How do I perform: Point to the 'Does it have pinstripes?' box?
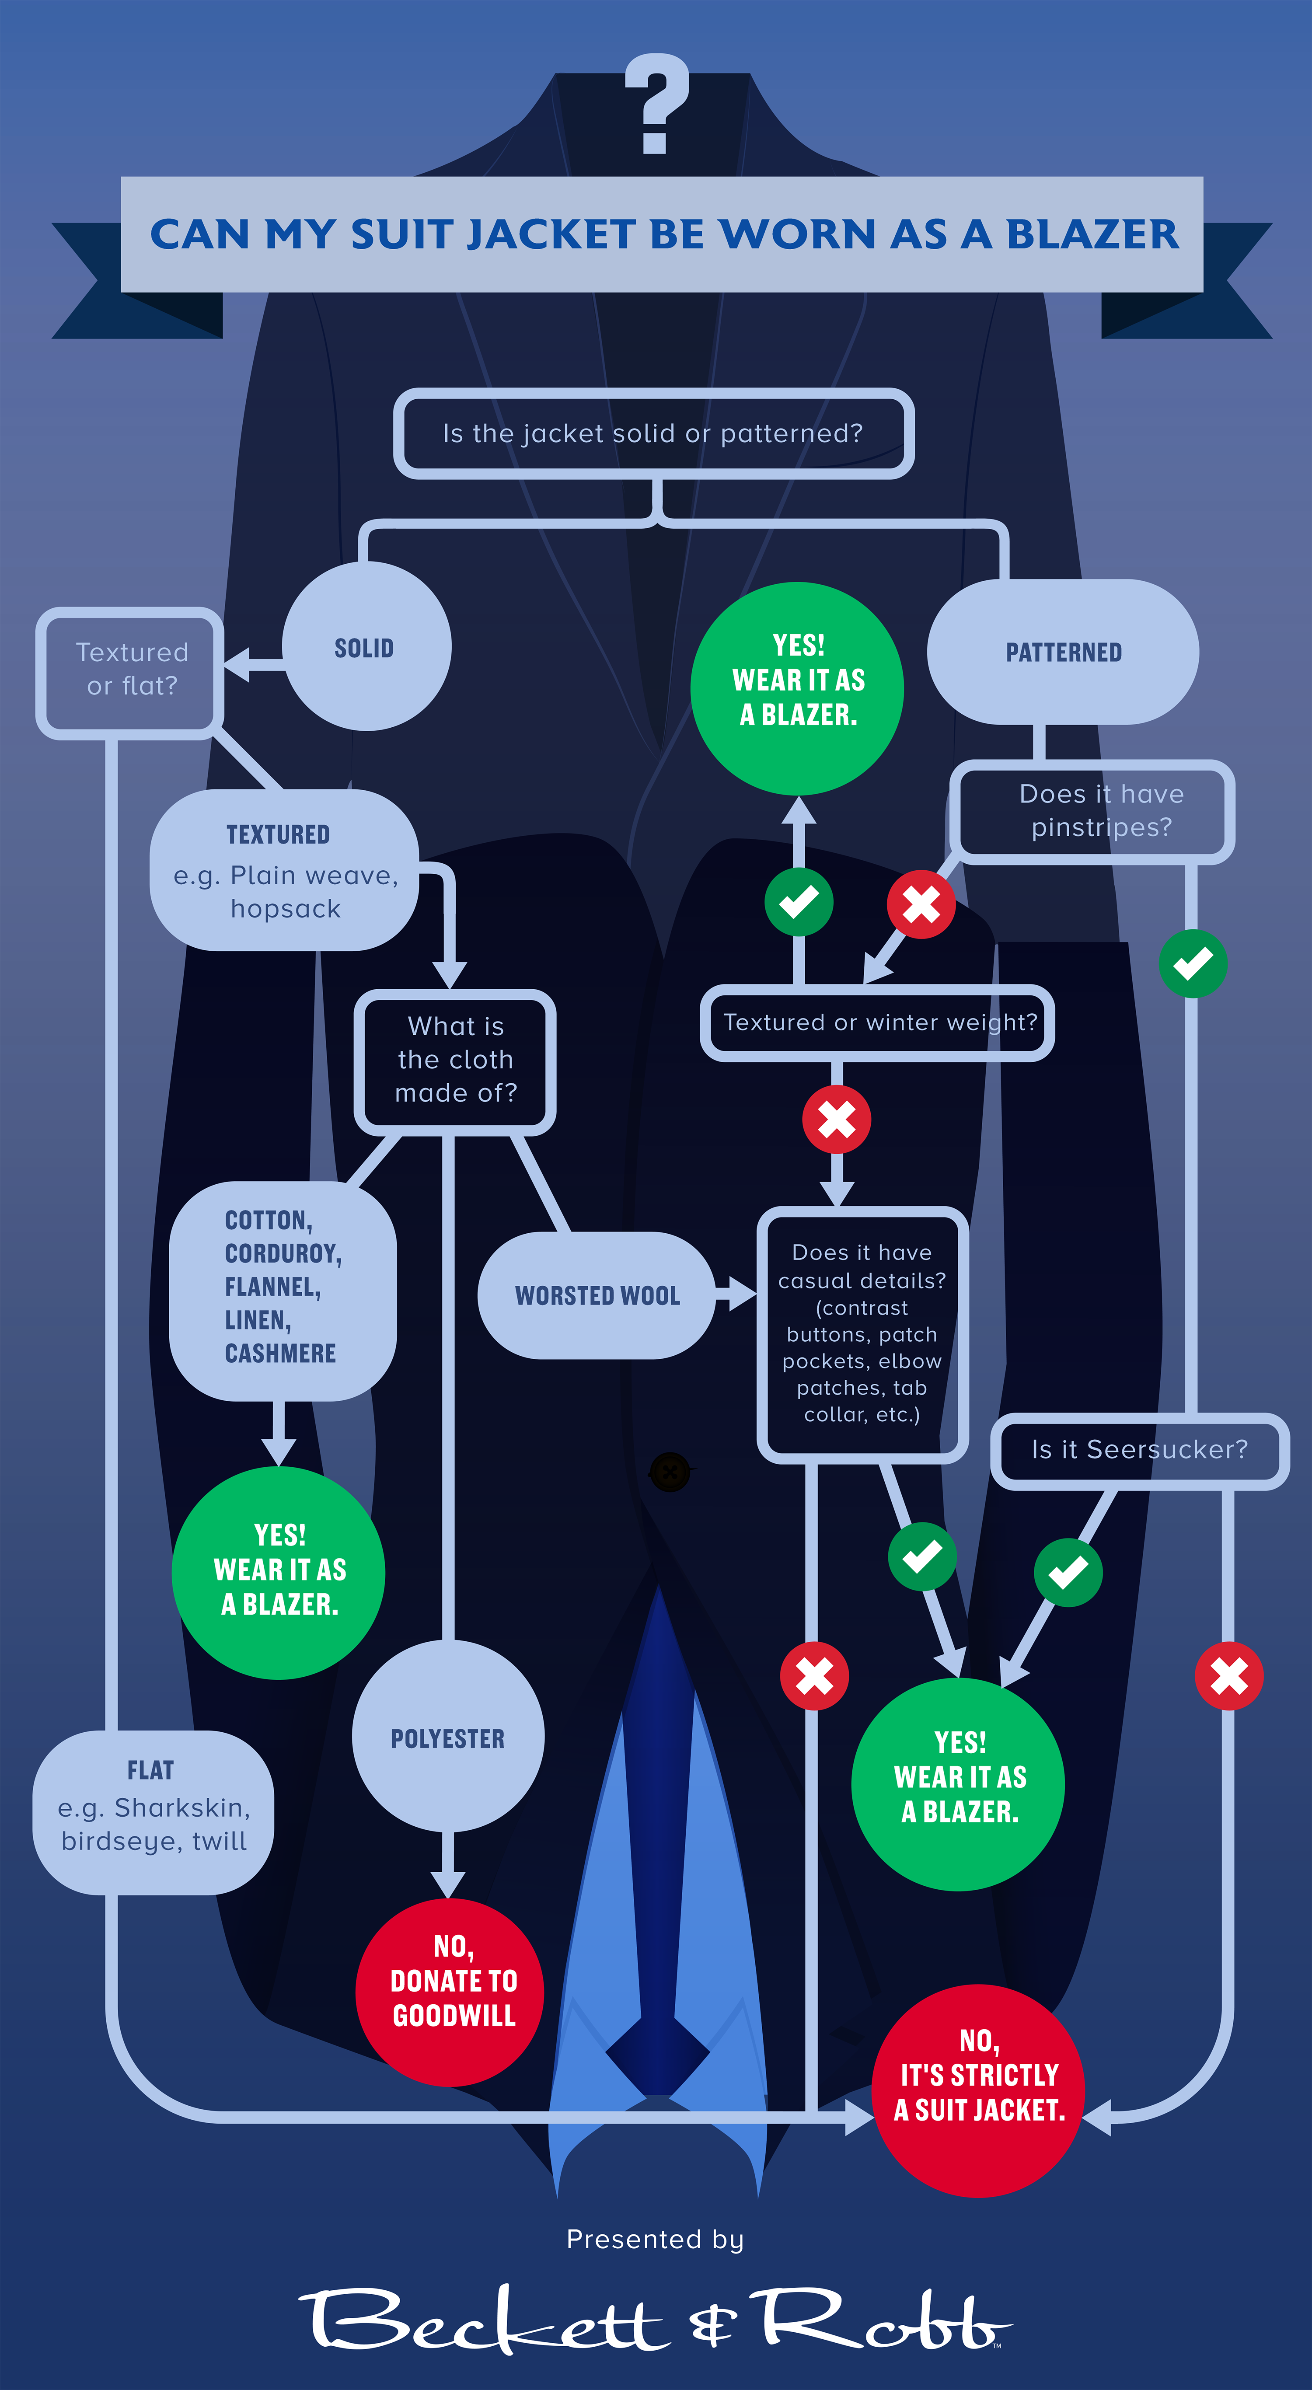pos(1092,811)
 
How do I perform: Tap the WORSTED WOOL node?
pos(597,1295)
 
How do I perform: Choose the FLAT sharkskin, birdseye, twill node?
pos(153,1812)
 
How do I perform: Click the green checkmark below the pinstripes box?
pos(1193,963)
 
